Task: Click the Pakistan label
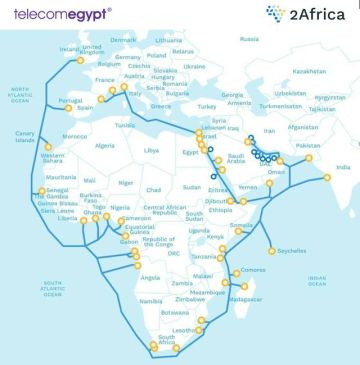pyautogui.click(x=308, y=146)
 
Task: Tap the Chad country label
pyautogui.click(x=152, y=190)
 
